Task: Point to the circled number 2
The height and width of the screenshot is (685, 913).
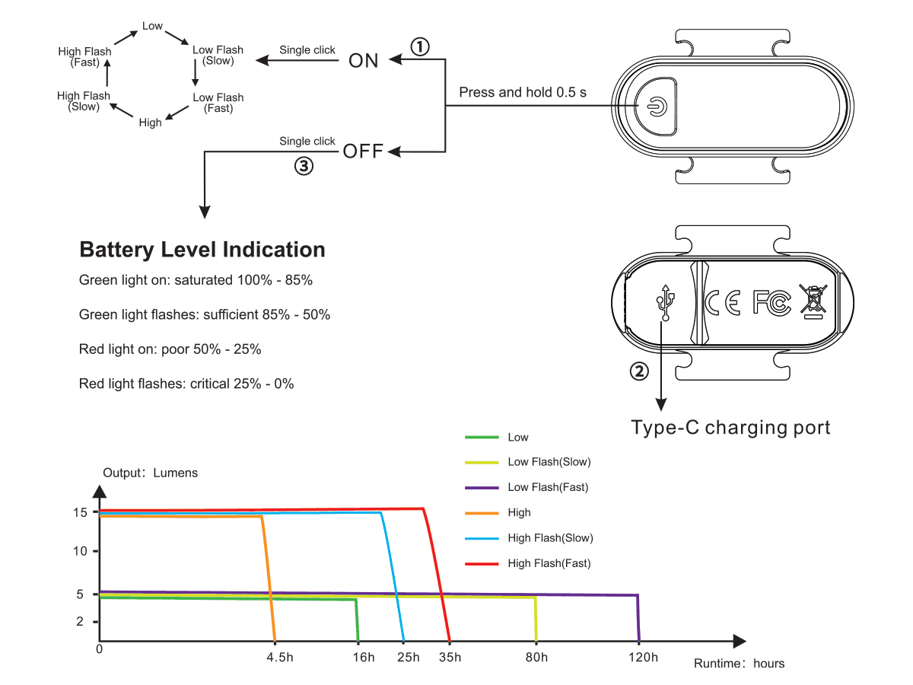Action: (x=640, y=371)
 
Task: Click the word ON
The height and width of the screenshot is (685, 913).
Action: (x=364, y=61)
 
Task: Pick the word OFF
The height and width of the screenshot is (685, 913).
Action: (x=363, y=151)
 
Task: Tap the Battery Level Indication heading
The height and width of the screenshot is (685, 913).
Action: (x=202, y=250)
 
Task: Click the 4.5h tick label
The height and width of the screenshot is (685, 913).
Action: (x=279, y=658)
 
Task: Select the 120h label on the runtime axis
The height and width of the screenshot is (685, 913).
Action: (x=644, y=658)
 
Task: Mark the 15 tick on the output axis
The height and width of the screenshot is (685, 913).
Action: (x=81, y=511)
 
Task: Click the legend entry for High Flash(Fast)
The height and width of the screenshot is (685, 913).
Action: (x=549, y=563)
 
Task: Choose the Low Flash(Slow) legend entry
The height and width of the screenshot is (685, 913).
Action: (x=549, y=462)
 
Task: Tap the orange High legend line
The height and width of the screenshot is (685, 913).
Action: (x=482, y=513)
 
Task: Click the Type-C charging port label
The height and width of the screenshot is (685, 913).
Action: (x=730, y=427)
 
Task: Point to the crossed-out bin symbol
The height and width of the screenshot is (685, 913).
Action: (x=813, y=301)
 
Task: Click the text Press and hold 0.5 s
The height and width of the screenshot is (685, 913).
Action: (x=523, y=92)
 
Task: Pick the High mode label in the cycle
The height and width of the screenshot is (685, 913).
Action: (x=150, y=123)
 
